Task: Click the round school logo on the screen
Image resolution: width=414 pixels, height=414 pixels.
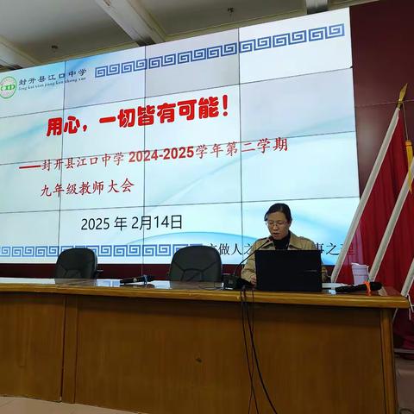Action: [9, 86]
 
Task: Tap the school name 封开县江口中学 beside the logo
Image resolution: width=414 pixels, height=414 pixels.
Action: [53, 75]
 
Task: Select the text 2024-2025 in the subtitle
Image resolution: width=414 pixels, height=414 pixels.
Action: [163, 157]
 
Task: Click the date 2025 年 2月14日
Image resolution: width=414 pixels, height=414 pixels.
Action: [131, 223]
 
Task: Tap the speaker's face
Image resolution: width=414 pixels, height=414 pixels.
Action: [278, 223]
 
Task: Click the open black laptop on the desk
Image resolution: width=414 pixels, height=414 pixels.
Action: [288, 271]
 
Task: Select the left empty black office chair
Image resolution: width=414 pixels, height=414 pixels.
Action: [76, 264]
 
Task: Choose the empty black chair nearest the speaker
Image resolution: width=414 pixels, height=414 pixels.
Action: [195, 264]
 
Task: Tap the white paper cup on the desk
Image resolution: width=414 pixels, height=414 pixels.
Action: [360, 273]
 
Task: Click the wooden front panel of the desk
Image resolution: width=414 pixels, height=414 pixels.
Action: [155, 354]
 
